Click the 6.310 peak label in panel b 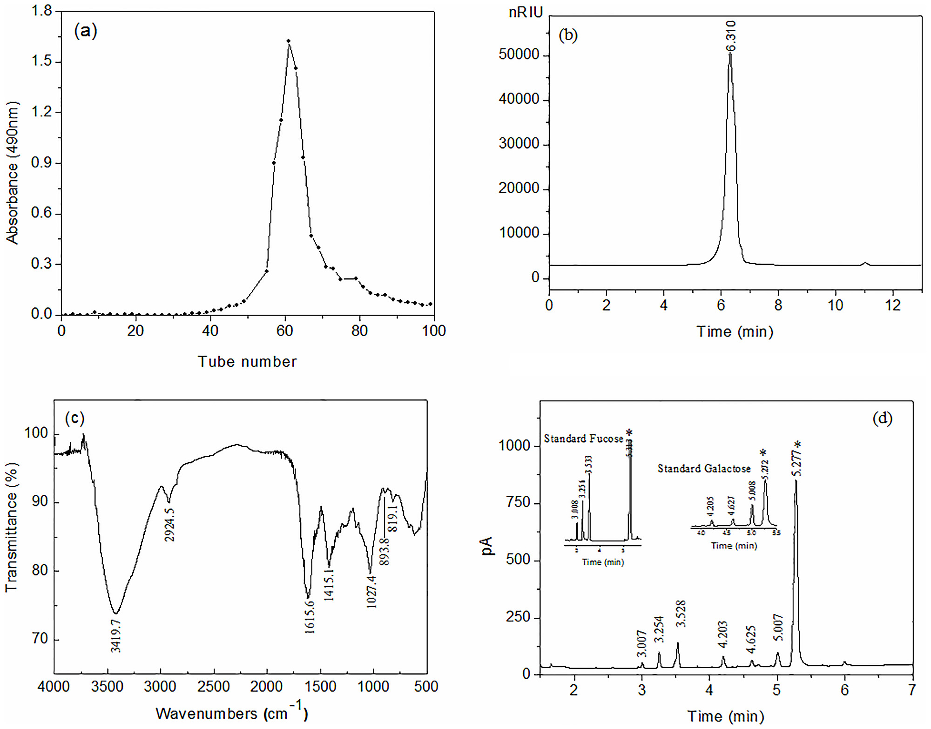click(731, 36)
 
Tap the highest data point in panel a click(289, 41)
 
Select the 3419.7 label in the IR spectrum click(116, 635)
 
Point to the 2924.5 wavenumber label click(170, 525)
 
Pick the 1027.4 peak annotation click(371, 592)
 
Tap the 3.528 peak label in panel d click(681, 614)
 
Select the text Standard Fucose click(583, 439)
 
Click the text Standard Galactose click(704, 468)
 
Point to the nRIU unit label click(526, 13)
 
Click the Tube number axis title click(247, 362)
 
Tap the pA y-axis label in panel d click(487, 546)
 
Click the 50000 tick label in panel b click(519, 54)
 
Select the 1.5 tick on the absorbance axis click(41, 61)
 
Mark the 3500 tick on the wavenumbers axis click(108, 687)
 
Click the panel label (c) click(75, 418)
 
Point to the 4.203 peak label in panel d click(722, 634)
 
